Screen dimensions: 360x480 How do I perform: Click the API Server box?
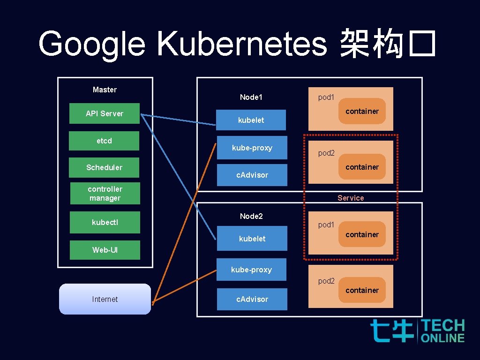click(x=104, y=113)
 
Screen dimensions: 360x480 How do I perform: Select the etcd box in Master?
click(x=104, y=141)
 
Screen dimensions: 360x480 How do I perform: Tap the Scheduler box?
click(x=104, y=167)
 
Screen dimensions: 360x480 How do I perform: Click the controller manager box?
click(x=105, y=194)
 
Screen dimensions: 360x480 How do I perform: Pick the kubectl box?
click(x=105, y=222)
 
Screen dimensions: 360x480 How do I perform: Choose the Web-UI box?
click(x=105, y=250)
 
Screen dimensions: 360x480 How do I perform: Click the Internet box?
click(x=105, y=299)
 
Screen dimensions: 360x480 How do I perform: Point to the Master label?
click(x=105, y=90)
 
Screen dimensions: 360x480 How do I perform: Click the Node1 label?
click(x=251, y=97)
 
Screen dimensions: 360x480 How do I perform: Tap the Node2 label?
click(x=251, y=216)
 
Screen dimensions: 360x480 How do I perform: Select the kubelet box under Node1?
click(x=251, y=120)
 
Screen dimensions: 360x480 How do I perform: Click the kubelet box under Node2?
click(x=252, y=239)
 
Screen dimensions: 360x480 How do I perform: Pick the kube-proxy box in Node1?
click(x=252, y=148)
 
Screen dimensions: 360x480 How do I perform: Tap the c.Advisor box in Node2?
click(x=252, y=299)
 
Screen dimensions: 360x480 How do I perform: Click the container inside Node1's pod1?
click(x=362, y=112)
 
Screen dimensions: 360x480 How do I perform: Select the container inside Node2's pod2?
click(x=362, y=291)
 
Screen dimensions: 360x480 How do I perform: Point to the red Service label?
click(x=351, y=198)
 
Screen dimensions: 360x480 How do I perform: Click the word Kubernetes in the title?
click(x=241, y=45)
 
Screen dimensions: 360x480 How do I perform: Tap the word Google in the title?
click(x=92, y=45)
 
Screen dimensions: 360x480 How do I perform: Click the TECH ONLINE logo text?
click(x=442, y=331)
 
